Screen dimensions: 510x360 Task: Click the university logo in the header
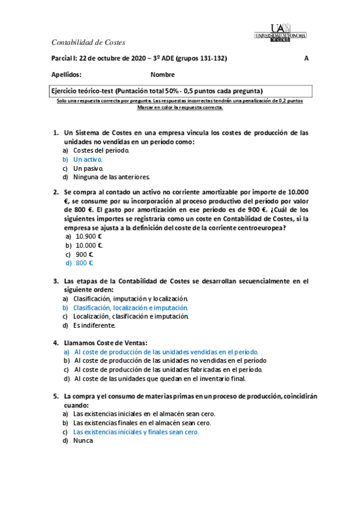[x=288, y=32]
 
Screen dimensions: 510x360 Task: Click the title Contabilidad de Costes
[x=88, y=42]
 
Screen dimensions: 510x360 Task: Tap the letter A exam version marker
[x=307, y=58]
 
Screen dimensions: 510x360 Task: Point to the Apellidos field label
[x=67, y=75]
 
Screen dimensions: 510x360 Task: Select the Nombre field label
[x=163, y=75]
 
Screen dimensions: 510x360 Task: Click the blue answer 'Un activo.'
[x=88, y=159]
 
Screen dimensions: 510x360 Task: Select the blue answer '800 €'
[x=84, y=263]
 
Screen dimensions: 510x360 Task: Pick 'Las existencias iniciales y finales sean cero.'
[x=136, y=432]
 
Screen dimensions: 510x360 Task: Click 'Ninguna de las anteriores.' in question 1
[x=111, y=177]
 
